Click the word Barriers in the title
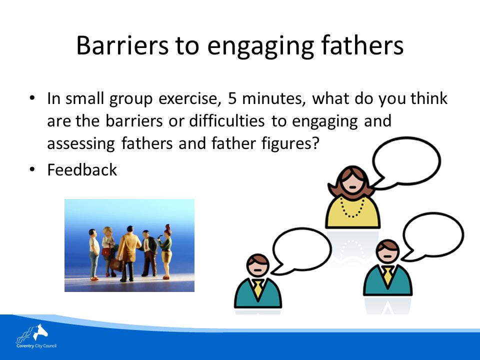coord(122,45)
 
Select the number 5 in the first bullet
coord(232,98)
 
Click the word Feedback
coord(82,170)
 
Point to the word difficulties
coord(227,121)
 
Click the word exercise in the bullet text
coord(190,98)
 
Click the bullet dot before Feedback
coord(32,169)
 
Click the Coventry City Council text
coord(36,346)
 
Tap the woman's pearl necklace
coord(352,208)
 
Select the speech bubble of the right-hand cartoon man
coord(432,235)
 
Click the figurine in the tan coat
coord(128,254)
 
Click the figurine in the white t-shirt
coord(94,254)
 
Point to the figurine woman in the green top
coord(165,251)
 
